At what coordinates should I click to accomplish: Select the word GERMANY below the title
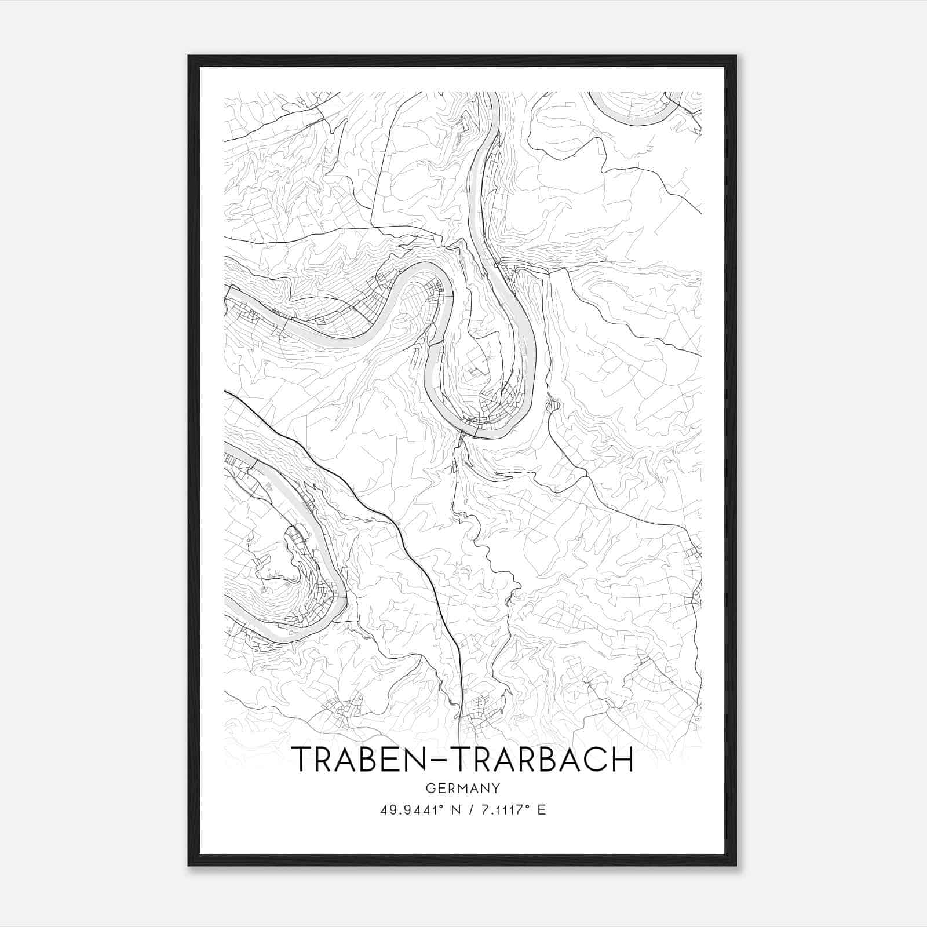point(463,788)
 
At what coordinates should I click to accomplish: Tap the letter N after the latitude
point(455,810)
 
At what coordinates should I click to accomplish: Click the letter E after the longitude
point(542,810)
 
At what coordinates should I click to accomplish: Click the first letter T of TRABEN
point(303,759)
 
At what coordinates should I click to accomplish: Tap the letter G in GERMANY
point(429,788)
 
